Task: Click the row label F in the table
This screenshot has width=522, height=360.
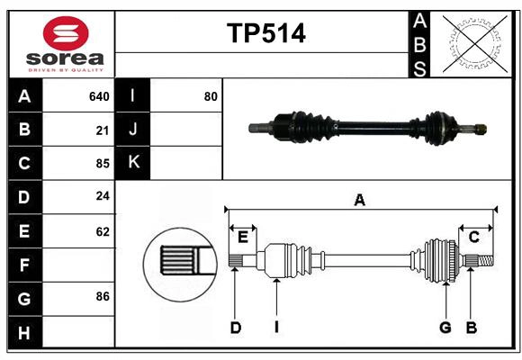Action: click(x=24, y=265)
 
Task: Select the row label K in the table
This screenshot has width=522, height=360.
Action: click(x=133, y=163)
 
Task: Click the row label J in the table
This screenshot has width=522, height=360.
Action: click(x=133, y=130)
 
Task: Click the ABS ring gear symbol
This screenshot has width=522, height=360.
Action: click(x=472, y=43)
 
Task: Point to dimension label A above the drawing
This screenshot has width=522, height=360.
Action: click(x=359, y=200)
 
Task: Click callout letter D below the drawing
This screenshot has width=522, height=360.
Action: click(x=235, y=328)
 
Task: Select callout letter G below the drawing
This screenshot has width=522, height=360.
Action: click(x=445, y=328)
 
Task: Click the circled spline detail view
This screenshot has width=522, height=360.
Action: click(x=180, y=261)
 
